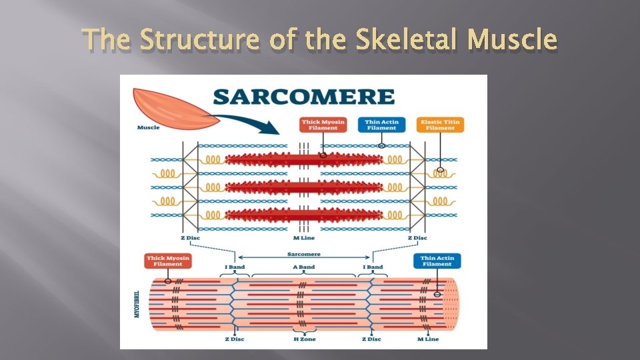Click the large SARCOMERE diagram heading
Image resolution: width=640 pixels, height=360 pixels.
tap(303, 96)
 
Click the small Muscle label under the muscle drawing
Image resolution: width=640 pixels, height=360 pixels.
tap(148, 127)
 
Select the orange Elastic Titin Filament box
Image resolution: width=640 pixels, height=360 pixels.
tap(440, 125)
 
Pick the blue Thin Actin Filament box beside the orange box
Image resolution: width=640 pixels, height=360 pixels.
tap(381, 125)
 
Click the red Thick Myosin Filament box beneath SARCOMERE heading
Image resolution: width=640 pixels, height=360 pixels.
tap(323, 125)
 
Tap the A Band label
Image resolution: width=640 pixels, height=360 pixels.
tap(304, 267)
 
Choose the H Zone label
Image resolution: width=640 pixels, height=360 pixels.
tap(305, 339)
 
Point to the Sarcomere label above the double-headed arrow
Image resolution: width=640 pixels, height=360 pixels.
tap(304, 254)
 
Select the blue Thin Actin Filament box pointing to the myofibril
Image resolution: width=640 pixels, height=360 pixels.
tap(437, 261)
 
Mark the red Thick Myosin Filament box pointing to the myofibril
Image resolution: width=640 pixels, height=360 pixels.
tap(168, 261)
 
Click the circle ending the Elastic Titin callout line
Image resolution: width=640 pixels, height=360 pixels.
tap(440, 171)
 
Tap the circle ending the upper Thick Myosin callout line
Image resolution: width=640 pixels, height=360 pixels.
tap(323, 155)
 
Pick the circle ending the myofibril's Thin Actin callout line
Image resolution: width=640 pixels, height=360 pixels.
tap(437, 294)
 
